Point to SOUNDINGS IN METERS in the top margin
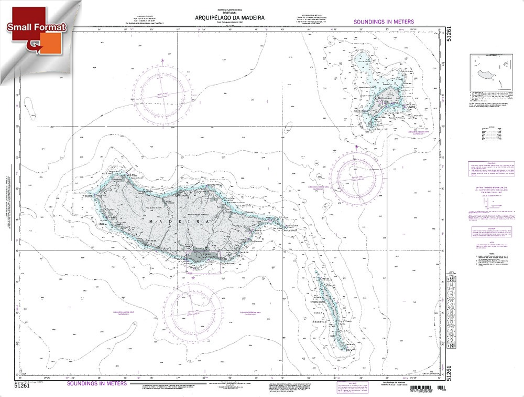click(384, 22)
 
